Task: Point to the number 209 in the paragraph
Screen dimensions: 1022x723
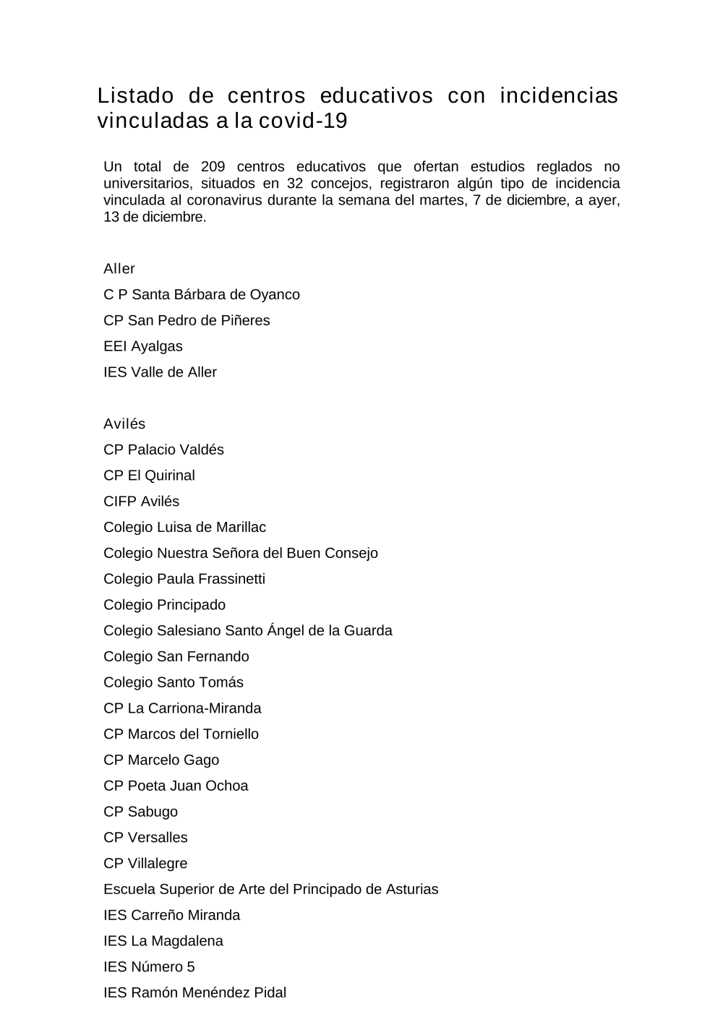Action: [x=213, y=167]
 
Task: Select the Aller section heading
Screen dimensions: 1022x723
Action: [x=119, y=269]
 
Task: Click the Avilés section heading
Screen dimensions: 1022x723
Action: [x=124, y=424]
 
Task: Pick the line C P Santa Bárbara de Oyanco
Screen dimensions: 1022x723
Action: [x=201, y=295]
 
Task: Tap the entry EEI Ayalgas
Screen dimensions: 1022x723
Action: [x=143, y=346]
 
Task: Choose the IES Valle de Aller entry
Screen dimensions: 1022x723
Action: [x=160, y=372]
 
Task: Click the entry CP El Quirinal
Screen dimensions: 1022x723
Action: [x=149, y=476]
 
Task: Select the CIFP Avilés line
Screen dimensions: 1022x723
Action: [x=141, y=502]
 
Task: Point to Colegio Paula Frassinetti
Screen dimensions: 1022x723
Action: [x=184, y=579]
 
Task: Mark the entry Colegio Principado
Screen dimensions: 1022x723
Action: [x=164, y=605]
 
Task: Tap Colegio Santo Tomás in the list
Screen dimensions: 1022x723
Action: [x=174, y=682]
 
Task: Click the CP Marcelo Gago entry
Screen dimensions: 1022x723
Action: [x=161, y=760]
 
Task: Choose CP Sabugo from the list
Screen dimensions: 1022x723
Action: [x=140, y=812]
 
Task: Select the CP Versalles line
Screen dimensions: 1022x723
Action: [x=145, y=838]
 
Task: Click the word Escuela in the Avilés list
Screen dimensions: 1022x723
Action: [x=129, y=890]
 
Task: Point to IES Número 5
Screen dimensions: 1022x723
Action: [x=149, y=967]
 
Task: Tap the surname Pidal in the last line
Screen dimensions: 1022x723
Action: [x=270, y=993]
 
